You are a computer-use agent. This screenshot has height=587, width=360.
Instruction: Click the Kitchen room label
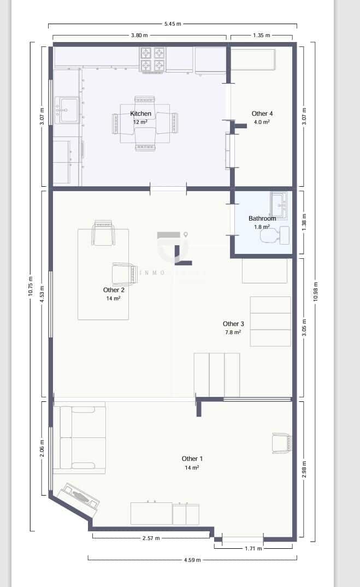pyautogui.click(x=140, y=114)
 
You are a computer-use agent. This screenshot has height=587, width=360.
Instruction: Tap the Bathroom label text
pyautogui.click(x=262, y=218)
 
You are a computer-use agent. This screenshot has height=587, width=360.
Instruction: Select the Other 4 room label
pyautogui.click(x=262, y=114)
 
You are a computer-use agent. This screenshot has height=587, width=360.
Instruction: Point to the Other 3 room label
pyautogui.click(x=233, y=324)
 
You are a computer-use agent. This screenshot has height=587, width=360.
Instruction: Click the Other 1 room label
pyautogui.click(x=192, y=459)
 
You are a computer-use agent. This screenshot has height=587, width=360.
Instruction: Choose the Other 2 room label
pyautogui.click(x=114, y=290)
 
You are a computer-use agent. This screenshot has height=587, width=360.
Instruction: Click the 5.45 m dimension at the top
pyautogui.click(x=173, y=24)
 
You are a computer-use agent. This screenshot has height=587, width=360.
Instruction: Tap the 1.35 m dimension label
pyautogui.click(x=262, y=35)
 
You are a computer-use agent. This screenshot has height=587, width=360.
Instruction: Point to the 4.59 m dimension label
pyautogui.click(x=192, y=559)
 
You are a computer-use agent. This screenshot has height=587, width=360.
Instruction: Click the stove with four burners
pyautogui.click(x=153, y=59)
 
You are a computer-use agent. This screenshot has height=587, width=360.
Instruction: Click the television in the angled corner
pyautogui.click(x=79, y=498)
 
